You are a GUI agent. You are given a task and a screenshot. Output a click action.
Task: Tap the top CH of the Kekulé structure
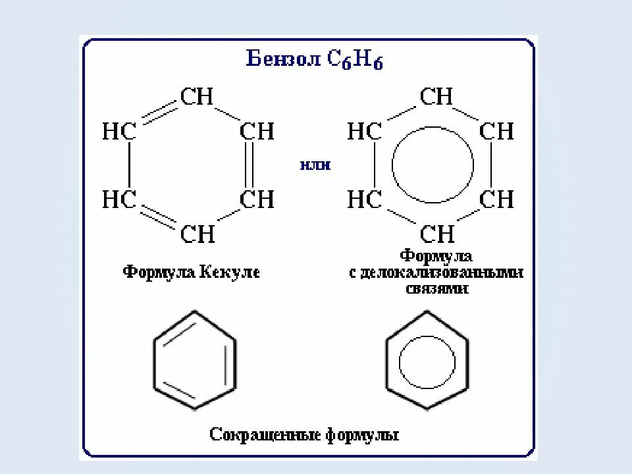197,97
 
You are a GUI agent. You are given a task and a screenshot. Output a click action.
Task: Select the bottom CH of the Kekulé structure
197,233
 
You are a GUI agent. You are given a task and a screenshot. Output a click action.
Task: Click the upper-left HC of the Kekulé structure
118,131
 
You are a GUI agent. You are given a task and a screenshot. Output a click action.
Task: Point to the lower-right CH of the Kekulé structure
257,199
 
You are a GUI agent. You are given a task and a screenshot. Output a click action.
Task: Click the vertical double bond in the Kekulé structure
248,165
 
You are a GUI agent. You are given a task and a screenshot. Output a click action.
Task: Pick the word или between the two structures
315,165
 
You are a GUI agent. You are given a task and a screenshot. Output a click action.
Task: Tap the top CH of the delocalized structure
436,97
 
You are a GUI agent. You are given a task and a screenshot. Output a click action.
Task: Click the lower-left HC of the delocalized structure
364,199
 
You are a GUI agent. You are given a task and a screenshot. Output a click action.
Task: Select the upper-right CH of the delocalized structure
496,131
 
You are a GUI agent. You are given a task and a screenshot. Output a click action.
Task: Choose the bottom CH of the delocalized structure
436,233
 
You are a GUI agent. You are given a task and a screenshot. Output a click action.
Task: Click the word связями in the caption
436,288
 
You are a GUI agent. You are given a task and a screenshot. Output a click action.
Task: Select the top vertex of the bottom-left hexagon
195,313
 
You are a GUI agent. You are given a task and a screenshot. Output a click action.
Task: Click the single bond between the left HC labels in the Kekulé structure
129,165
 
